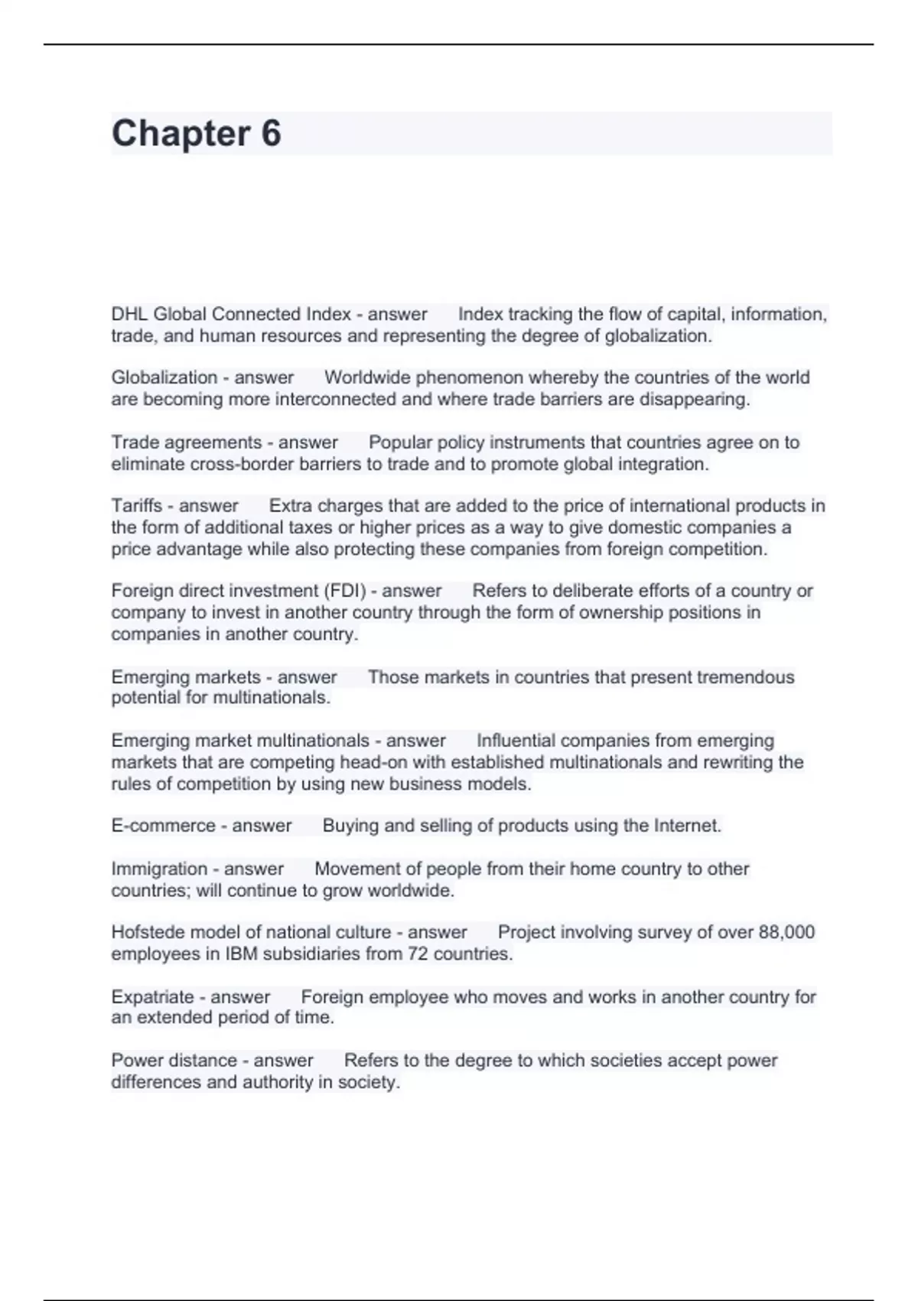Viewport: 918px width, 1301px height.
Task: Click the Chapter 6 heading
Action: tap(197, 133)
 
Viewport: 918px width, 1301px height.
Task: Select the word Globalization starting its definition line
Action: tap(164, 377)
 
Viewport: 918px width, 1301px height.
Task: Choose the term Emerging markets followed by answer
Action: tap(186, 677)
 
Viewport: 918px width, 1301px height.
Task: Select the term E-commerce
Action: tap(163, 826)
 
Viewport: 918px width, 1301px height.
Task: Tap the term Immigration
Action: tap(159, 869)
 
